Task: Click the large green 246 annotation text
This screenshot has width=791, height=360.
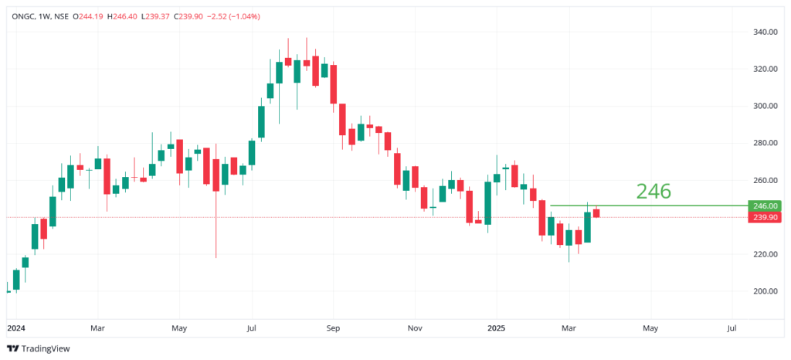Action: coord(653,192)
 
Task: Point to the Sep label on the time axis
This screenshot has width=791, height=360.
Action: coord(333,328)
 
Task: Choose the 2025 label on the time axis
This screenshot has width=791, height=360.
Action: coord(497,328)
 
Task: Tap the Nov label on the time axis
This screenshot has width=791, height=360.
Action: coord(415,328)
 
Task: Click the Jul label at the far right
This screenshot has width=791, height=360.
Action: coord(732,328)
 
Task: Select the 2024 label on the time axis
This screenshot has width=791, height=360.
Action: coord(15,328)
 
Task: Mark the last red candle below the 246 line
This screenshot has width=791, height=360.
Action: coord(596,213)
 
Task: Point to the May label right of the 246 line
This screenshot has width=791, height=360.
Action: coord(650,328)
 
